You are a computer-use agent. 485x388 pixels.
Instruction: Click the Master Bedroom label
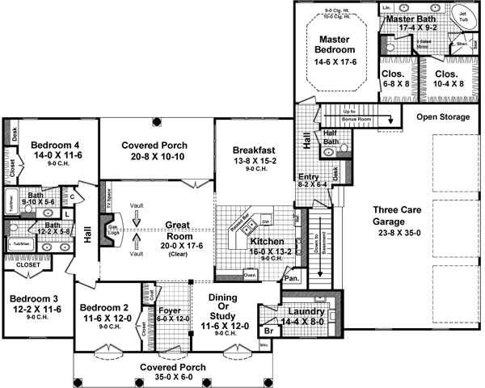332,45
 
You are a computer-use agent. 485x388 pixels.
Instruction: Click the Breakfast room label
255,150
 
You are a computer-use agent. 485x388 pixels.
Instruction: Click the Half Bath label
331,137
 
